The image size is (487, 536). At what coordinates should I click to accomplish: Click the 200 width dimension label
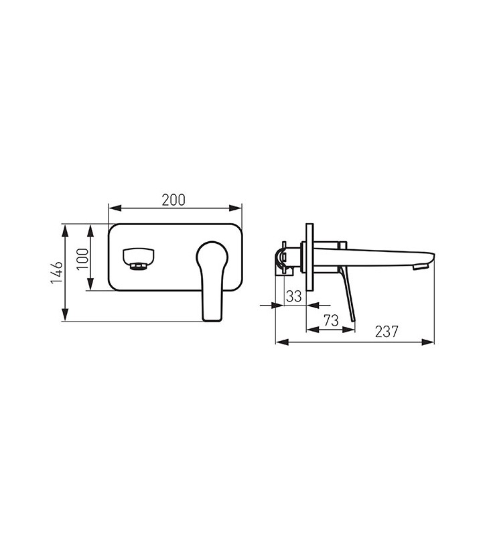173,200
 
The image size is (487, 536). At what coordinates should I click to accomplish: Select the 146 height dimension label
57,272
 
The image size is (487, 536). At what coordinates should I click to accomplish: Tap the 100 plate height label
82,259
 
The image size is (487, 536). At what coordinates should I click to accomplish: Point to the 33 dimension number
294,296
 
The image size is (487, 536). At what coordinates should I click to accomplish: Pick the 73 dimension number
331,320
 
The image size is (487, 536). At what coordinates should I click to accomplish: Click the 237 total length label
387,331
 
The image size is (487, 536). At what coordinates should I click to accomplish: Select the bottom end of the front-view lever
212,321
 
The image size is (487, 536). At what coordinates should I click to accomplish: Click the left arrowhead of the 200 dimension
115,208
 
